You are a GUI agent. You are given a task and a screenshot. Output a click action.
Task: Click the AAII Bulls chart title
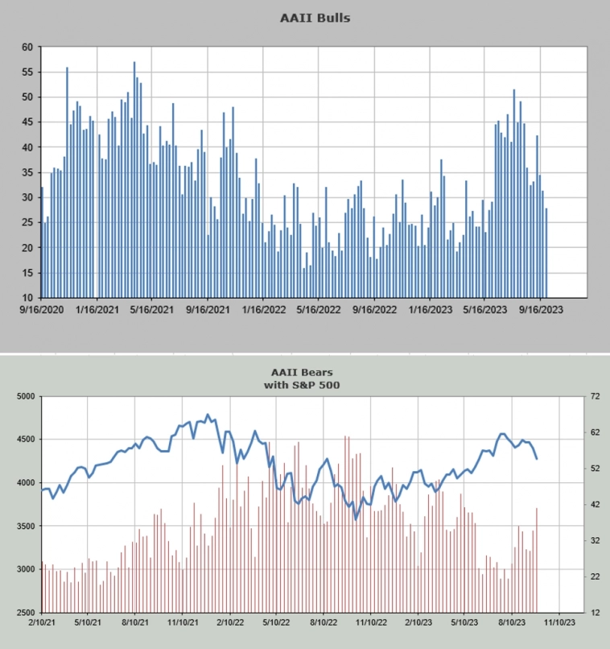pyautogui.click(x=315, y=17)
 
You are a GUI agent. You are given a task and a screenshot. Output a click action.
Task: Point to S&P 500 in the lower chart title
pyautogui.click(x=334, y=385)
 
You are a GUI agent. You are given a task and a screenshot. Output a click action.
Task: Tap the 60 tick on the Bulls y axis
pyautogui.click(x=27, y=48)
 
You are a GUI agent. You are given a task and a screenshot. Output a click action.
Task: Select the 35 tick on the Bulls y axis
pyautogui.click(x=27, y=172)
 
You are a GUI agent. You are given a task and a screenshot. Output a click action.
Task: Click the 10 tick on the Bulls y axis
pyautogui.click(x=27, y=298)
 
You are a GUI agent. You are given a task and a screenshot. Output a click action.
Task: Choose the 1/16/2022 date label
pyautogui.click(x=264, y=309)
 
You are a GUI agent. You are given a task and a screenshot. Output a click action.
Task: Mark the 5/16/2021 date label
pyautogui.click(x=152, y=309)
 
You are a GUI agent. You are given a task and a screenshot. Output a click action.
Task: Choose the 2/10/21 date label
pyautogui.click(x=42, y=622)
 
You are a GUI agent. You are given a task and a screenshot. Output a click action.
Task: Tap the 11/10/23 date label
pyautogui.click(x=559, y=622)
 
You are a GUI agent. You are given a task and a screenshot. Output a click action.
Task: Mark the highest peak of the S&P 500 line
pyautogui.click(x=208, y=415)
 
